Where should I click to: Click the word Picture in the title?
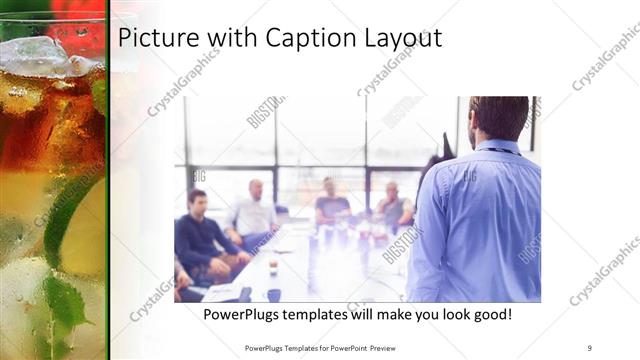tap(155, 39)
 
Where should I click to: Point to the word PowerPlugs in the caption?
tap(243, 314)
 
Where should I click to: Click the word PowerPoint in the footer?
tap(346, 347)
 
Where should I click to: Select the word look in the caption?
tap(447, 314)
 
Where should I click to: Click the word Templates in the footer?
tap(298, 347)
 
